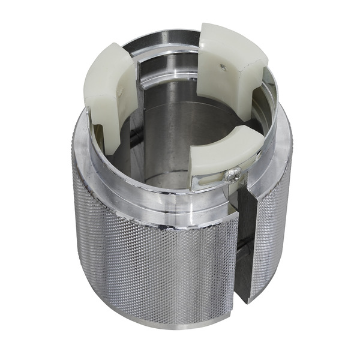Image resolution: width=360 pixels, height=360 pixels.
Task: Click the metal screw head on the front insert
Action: (x=232, y=175)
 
